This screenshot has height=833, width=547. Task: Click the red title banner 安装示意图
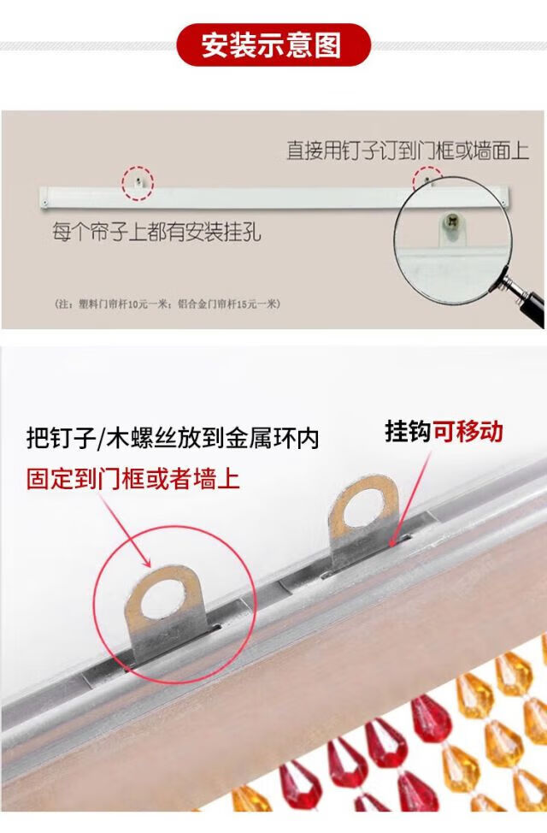[273, 44]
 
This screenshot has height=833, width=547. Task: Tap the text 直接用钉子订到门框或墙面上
[408, 151]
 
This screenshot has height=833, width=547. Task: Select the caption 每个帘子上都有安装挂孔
[156, 232]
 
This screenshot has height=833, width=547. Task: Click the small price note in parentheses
[168, 304]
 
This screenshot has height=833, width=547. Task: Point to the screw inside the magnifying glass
[452, 220]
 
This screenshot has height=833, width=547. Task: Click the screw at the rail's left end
[45, 203]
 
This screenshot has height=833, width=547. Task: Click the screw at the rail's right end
[503, 201]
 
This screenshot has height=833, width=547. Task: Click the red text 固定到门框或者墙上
[132, 479]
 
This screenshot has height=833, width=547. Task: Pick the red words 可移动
[468, 431]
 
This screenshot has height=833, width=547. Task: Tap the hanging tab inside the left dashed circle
[138, 183]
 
